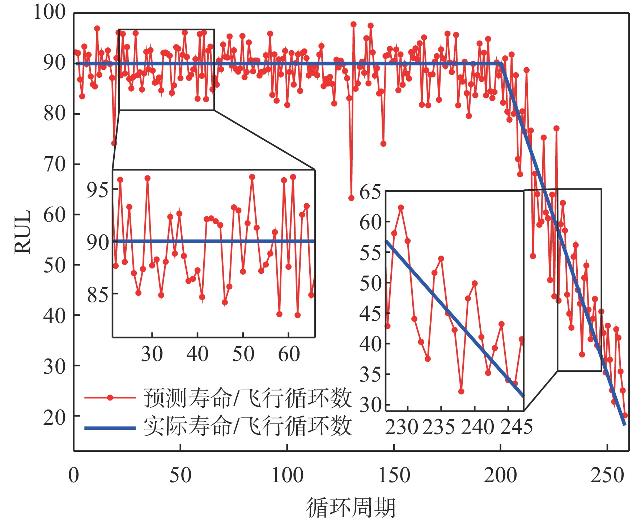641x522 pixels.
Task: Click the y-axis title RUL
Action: pos(22,232)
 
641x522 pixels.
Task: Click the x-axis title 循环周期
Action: pos(351,507)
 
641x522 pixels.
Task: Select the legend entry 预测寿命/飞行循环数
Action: pos(247,398)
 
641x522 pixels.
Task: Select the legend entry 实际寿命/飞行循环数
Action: pos(247,426)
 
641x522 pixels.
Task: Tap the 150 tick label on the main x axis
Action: pos(394,475)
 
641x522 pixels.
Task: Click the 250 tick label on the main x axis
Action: pos(607,475)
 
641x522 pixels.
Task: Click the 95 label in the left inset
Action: pos(97,190)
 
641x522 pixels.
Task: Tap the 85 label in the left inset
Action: pos(97,295)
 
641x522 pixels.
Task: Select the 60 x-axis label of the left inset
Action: pos(289,354)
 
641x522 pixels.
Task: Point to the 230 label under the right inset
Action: pos(401,427)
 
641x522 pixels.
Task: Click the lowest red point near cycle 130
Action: pos(351,198)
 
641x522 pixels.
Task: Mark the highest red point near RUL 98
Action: pos(353,24)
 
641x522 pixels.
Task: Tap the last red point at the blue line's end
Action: pos(625,415)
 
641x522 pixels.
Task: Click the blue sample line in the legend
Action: pos(110,428)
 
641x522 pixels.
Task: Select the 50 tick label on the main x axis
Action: pos(180,475)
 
